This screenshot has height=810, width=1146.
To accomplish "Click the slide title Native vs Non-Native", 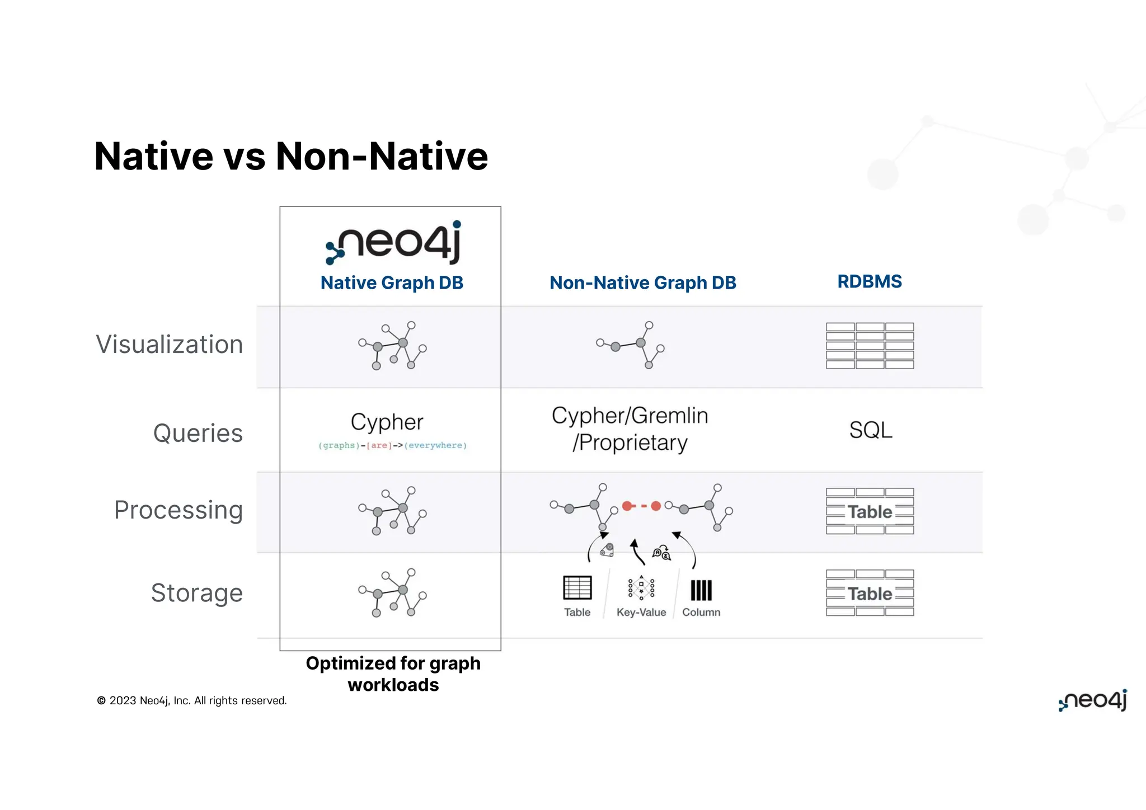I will (x=291, y=156).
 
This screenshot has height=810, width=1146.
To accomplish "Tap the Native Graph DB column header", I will (x=392, y=283).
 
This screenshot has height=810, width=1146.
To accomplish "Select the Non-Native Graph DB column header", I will (x=642, y=283).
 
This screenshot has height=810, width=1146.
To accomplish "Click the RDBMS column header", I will (x=869, y=281).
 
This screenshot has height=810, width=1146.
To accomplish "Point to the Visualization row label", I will (x=170, y=345).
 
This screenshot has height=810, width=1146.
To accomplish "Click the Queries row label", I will (x=198, y=433).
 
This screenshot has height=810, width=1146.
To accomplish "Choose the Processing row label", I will (x=179, y=510).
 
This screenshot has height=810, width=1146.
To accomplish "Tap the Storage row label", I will (x=197, y=593).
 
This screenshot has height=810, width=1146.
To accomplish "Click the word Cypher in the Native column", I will (x=387, y=422).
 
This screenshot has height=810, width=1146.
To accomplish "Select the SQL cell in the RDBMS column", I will (x=870, y=430).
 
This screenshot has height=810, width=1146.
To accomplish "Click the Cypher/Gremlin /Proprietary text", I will (x=630, y=429).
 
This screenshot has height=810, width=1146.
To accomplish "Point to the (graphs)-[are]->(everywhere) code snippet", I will (x=392, y=445).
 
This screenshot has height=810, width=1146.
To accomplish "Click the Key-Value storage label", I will (x=641, y=613).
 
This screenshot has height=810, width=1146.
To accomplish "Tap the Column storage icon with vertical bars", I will (x=701, y=590).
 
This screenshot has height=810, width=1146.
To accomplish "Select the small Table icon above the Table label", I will (x=577, y=588).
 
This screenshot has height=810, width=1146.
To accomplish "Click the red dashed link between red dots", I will (x=641, y=506).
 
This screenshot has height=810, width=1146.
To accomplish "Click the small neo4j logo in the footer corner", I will (x=1092, y=700).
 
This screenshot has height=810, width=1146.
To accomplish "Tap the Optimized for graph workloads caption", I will (x=393, y=674).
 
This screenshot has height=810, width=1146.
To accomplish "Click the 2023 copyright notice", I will (x=191, y=701).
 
